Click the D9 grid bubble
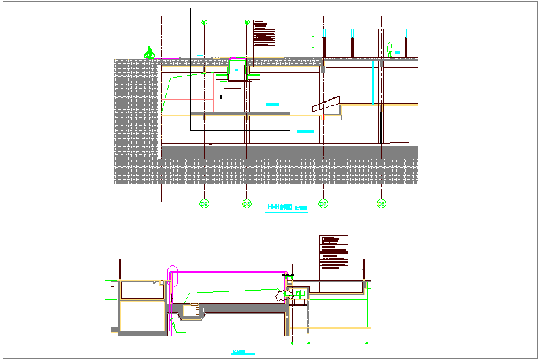pos(205,205)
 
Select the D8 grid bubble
pos(246,205)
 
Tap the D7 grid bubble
pos(323,205)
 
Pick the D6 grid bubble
pos(381,205)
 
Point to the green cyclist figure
pos(150,53)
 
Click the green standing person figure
pos(390,50)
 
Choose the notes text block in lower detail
pos(333,252)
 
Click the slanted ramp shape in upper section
pos(327,105)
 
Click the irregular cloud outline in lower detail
pos(283,295)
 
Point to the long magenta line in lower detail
pos(229,269)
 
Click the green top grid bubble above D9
pos(205,22)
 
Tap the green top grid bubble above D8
pos(246,22)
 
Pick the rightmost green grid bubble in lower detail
pos(368,342)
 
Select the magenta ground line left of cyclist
pos(129,59)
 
